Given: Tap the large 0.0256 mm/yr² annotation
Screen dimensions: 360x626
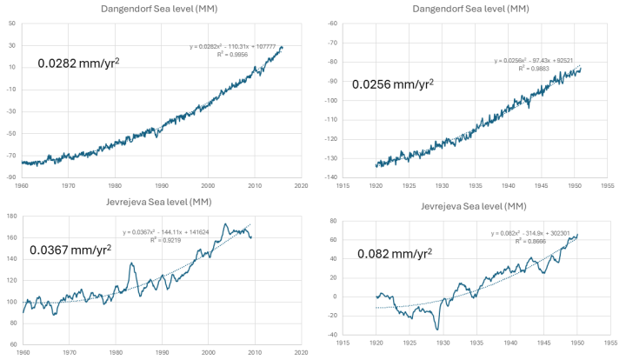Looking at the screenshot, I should tap(390, 84).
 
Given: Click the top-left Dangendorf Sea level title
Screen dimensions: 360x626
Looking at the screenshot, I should tap(160, 8).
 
